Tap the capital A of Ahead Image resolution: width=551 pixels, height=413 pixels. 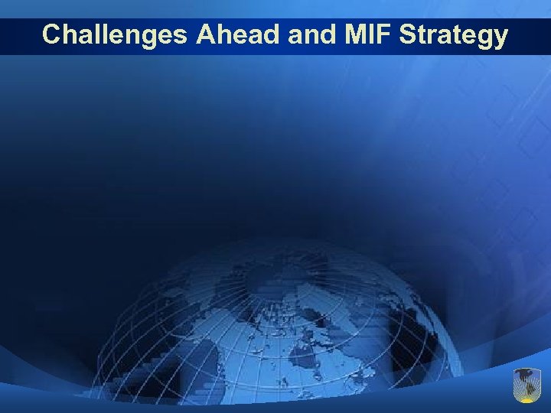coord(204,35)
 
